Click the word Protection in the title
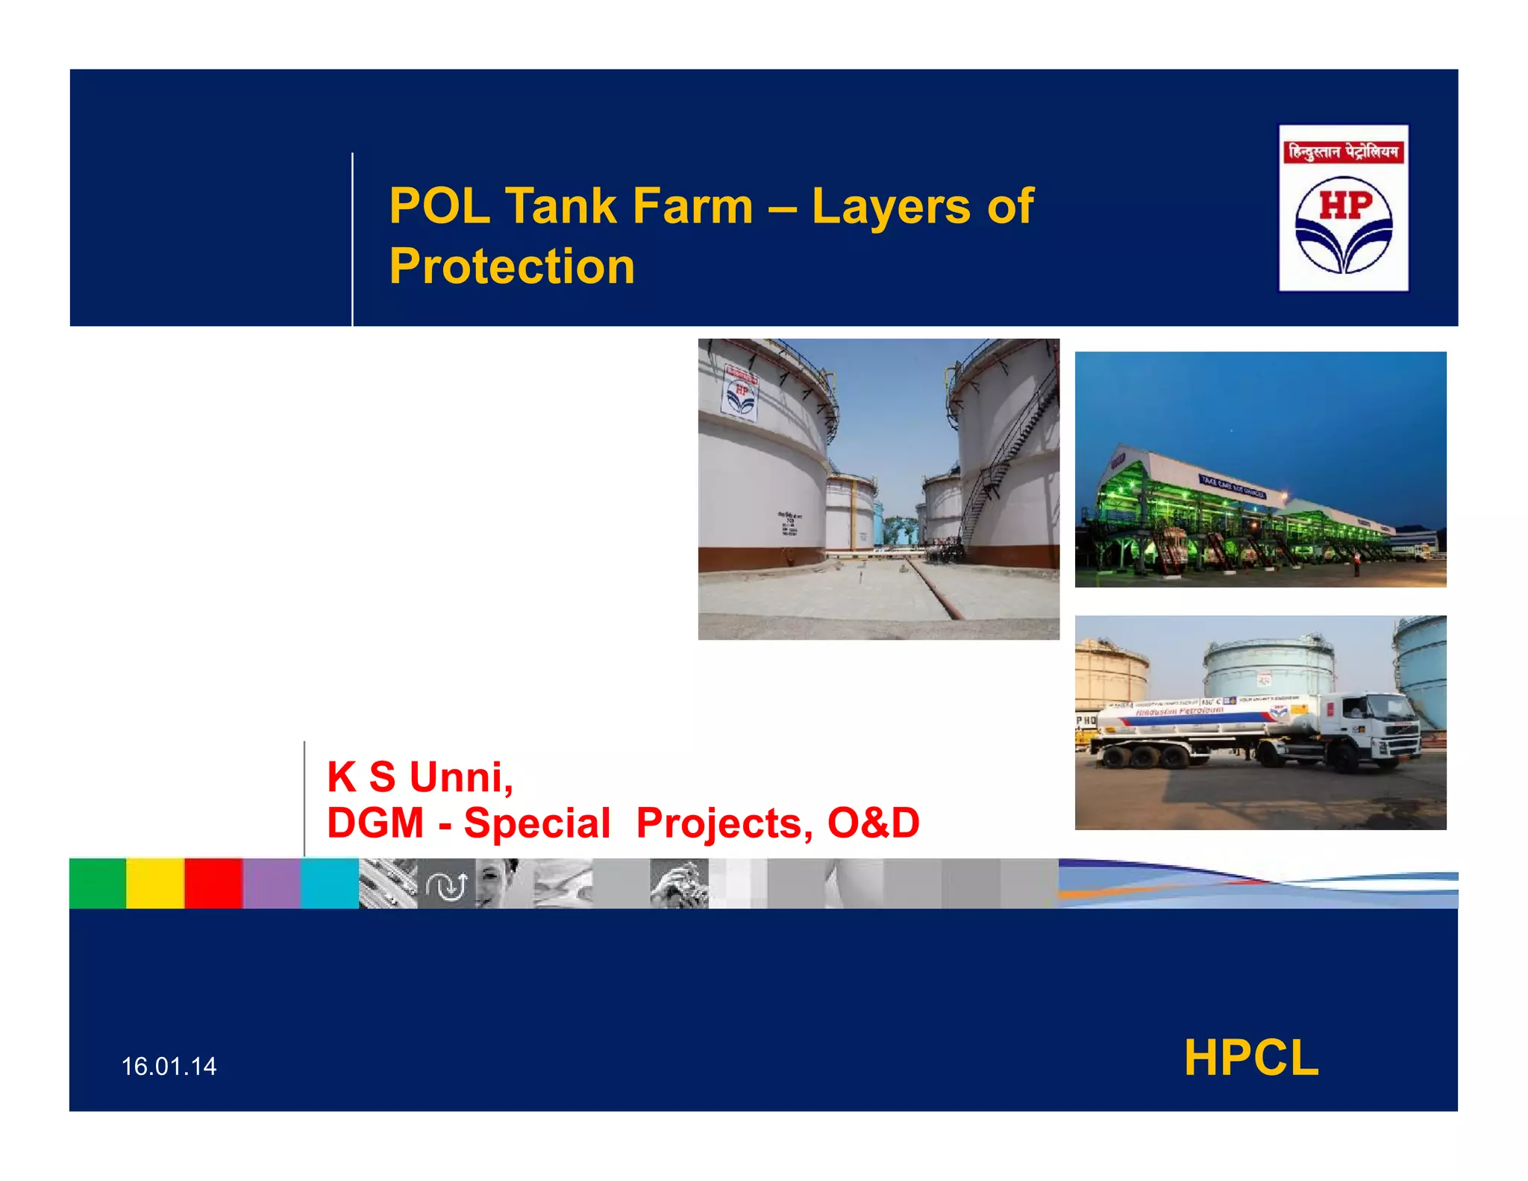click(512, 267)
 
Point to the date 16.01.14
click(169, 1066)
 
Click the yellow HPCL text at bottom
click(1251, 1058)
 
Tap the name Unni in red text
click(460, 777)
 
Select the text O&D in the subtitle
click(873, 823)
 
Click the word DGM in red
click(375, 823)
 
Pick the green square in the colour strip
click(98, 883)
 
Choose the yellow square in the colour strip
click(155, 883)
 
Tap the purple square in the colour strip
click(272, 883)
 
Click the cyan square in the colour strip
click(330, 883)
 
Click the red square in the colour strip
click(213, 883)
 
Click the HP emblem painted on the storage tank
click(740, 393)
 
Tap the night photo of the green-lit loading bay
click(1260, 469)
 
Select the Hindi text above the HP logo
click(1343, 152)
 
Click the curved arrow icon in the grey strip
click(445, 885)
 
